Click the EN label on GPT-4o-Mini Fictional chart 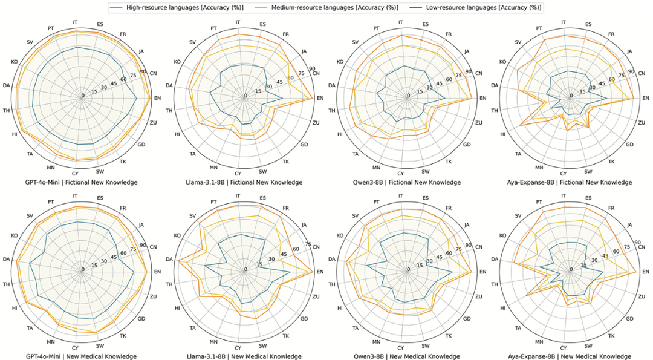pos(157,98)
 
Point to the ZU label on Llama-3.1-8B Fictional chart pos(316,123)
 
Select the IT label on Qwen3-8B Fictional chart pos(401,22)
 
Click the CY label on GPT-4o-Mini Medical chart pos(75,348)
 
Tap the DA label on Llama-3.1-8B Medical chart pos(169,260)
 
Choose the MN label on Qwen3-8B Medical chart pos(376,341)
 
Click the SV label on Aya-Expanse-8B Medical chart pos(518,216)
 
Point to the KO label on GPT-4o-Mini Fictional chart pos(14,62)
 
